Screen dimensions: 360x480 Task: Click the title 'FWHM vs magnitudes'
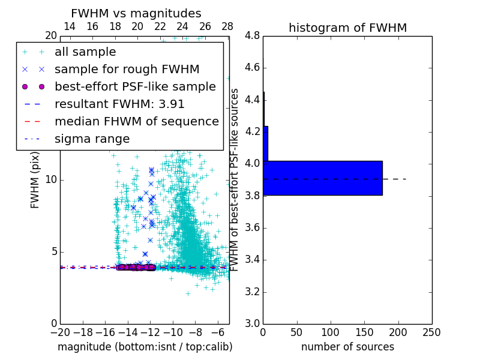[x=136, y=14]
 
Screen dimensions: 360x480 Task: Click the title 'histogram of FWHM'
[x=347, y=28]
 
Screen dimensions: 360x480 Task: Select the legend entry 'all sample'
[x=85, y=52]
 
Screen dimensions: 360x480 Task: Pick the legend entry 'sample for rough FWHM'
[x=127, y=70]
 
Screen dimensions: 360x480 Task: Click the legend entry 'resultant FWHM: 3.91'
[x=119, y=104]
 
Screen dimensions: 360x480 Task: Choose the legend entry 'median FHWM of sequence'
[x=136, y=122]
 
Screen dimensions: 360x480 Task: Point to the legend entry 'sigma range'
[x=92, y=139]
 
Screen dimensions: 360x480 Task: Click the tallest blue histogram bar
[x=323, y=178]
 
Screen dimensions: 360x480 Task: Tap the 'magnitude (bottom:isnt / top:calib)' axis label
[x=145, y=347]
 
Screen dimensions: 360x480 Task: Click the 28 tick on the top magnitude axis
[x=227, y=27]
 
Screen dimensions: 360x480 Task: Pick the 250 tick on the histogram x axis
[x=431, y=332]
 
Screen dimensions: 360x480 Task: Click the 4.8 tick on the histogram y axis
[x=252, y=36]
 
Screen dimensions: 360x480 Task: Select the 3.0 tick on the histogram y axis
[x=252, y=323]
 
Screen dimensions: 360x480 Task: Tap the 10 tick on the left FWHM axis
[x=52, y=180]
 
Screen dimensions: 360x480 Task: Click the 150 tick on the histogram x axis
[x=364, y=332]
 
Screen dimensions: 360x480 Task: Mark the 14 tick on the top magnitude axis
[x=70, y=27]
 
